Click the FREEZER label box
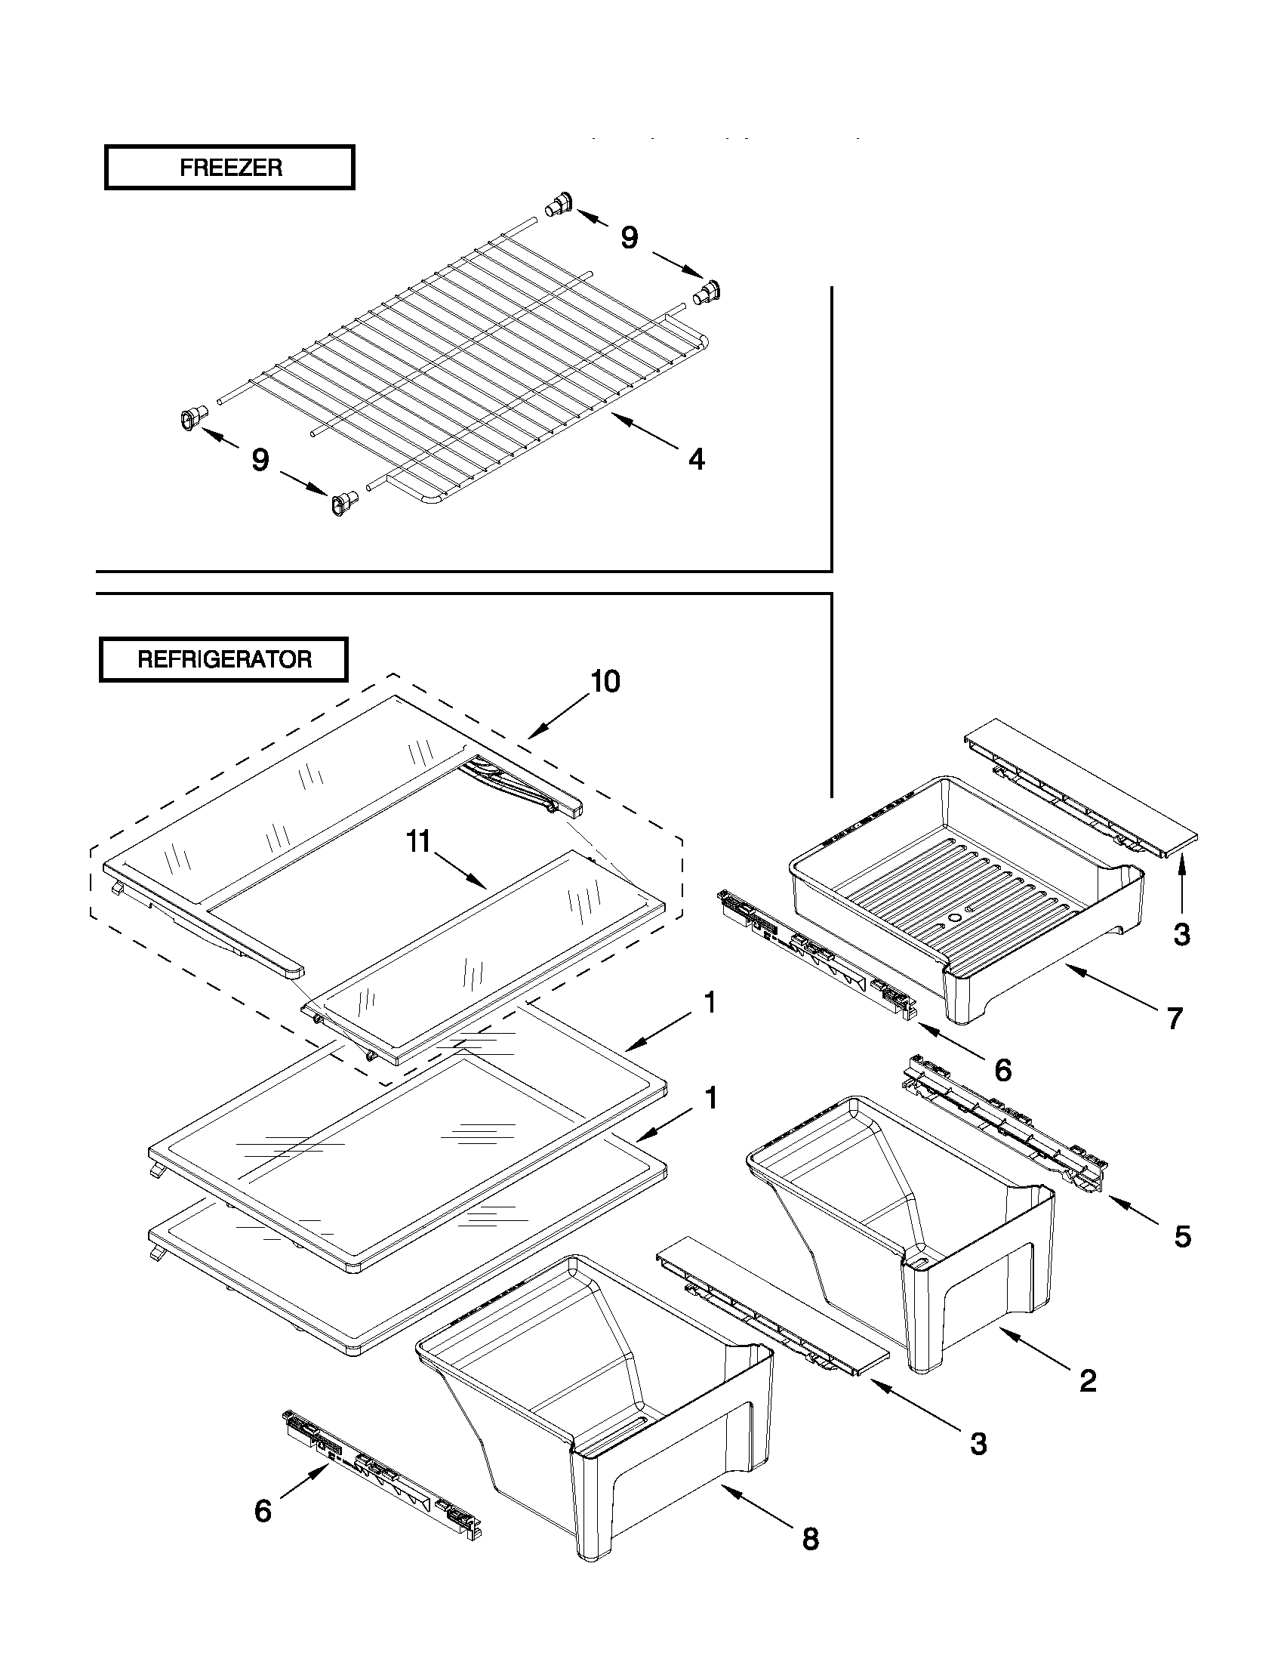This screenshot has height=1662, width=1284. (x=229, y=168)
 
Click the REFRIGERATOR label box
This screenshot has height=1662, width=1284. (x=223, y=659)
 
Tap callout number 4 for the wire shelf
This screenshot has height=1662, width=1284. (x=696, y=459)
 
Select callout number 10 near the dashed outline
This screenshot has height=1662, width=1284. (x=605, y=681)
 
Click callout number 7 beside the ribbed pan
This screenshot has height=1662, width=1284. (x=1175, y=1017)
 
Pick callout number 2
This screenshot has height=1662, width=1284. (x=1088, y=1380)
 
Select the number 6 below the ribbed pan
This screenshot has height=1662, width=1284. (x=1002, y=1070)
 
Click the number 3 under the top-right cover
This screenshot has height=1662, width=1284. (x=1181, y=934)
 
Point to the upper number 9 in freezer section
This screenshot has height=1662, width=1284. (x=629, y=237)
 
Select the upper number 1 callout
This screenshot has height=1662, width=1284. (x=710, y=1003)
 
